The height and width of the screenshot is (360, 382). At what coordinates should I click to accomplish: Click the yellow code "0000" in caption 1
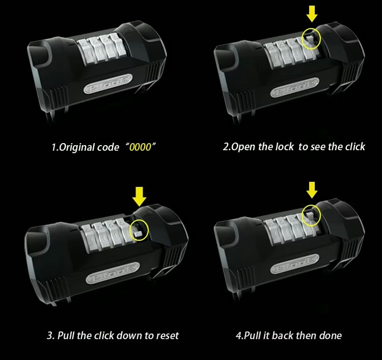(140, 147)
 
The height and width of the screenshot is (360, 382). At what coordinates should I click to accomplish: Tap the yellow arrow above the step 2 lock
(312, 14)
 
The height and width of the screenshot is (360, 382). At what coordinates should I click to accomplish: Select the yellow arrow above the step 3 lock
(140, 197)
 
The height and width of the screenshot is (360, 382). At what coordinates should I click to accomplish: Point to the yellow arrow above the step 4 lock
(312, 190)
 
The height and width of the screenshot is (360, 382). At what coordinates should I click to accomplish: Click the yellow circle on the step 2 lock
(302, 39)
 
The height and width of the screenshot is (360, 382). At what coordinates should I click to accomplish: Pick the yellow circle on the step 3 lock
(130, 230)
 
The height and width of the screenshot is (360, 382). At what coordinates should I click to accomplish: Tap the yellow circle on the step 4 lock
(302, 215)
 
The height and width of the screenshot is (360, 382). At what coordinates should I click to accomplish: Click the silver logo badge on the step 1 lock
(108, 84)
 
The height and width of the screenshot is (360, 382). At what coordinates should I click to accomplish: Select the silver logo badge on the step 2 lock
(295, 88)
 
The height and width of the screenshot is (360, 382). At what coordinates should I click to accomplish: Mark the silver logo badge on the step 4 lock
(295, 264)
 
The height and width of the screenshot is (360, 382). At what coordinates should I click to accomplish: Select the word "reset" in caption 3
(168, 336)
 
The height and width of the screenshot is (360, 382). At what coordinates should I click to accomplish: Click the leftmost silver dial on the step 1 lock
(84, 52)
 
